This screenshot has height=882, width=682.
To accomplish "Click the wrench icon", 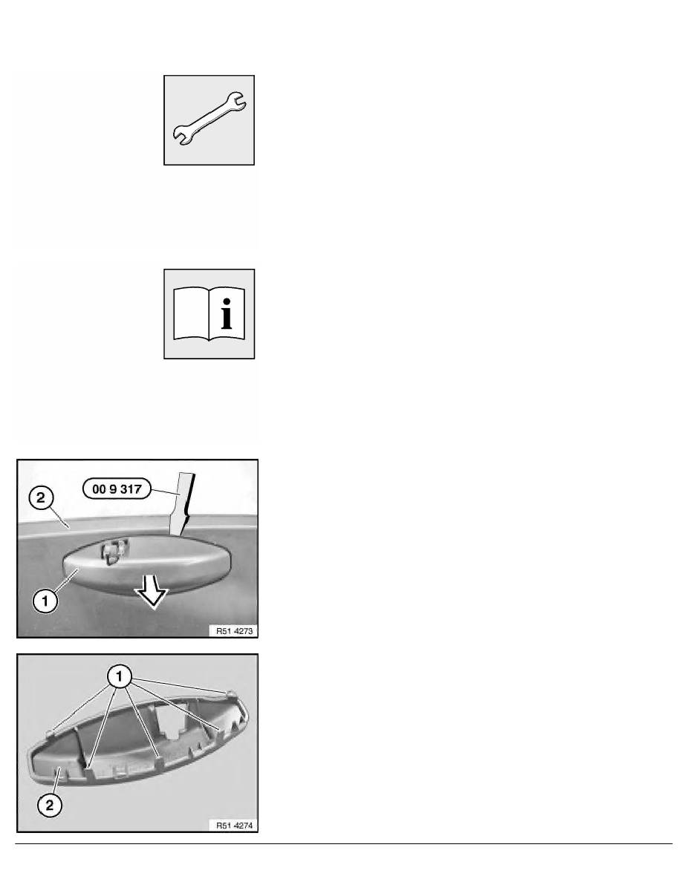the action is coord(209,120).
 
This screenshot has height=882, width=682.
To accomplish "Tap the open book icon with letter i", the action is coord(209,313).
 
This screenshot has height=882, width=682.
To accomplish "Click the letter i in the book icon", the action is coord(227,314).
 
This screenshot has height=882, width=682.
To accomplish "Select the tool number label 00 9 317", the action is coord(117,489).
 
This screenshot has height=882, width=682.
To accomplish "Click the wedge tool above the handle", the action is coord(183,503).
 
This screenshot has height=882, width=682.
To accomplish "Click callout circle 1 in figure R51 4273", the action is coord(45,601).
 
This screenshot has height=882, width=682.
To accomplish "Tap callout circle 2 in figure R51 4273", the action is coord(41,498).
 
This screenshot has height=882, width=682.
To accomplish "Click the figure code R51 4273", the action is coord(235,631).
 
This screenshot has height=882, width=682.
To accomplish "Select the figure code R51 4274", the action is coord(235,826).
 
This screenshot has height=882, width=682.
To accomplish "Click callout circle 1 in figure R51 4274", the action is coord(119,676).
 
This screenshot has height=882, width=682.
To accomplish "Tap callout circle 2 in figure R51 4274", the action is coord(50,805).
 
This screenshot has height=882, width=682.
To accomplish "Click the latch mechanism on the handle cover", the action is coord(114,550).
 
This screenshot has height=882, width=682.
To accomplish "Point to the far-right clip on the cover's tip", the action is coord(232,693).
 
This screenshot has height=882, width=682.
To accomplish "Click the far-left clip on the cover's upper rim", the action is coord(50,732).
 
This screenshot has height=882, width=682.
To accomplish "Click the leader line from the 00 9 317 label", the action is coord(164,491).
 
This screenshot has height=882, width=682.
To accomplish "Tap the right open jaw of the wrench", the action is coord(236,101).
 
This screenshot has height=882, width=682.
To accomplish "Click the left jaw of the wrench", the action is coord(182,136).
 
